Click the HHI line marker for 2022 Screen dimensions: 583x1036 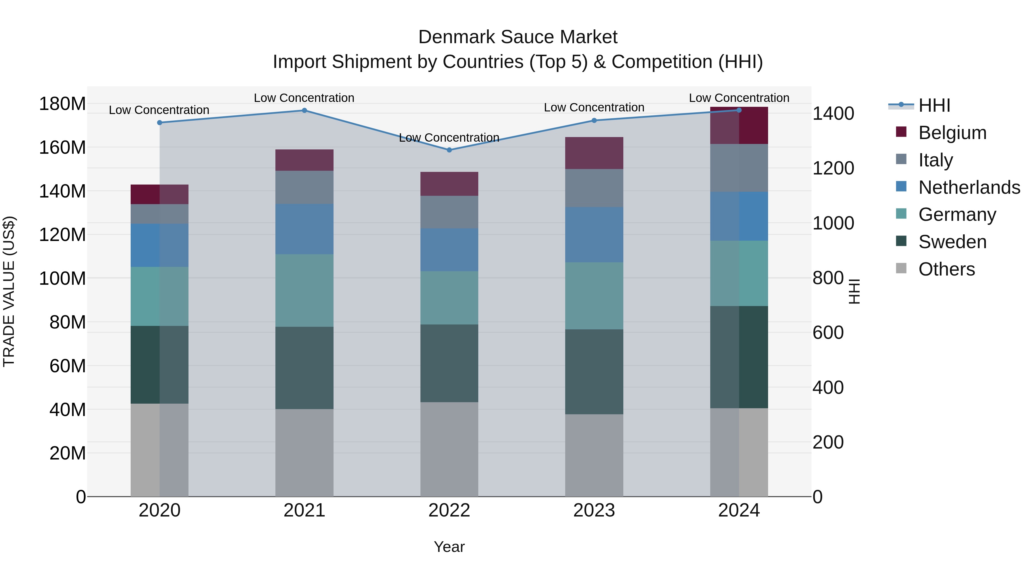[x=449, y=150]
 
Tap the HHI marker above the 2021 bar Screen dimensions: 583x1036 [x=304, y=110]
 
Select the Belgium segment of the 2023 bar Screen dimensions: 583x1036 [x=594, y=153]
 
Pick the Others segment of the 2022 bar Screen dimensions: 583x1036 [x=449, y=449]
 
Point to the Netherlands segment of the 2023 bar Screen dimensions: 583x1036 [x=594, y=235]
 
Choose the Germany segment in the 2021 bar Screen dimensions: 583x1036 [x=304, y=290]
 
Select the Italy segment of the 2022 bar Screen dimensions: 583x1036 [x=449, y=212]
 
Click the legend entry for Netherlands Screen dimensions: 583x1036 [x=969, y=187]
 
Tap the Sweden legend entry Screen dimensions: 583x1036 [x=952, y=242]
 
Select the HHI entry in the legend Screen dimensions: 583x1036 [x=934, y=105]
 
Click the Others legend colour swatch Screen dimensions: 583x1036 [x=901, y=268]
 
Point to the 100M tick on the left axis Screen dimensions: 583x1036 [x=62, y=278]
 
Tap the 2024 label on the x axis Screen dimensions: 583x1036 [x=739, y=510]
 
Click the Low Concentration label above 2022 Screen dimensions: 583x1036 [x=449, y=138]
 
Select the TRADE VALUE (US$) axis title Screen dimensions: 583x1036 [x=9, y=291]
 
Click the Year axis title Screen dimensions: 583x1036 [x=449, y=547]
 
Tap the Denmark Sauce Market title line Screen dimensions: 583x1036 [x=518, y=37]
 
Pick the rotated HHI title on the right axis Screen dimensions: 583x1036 [x=854, y=291]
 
